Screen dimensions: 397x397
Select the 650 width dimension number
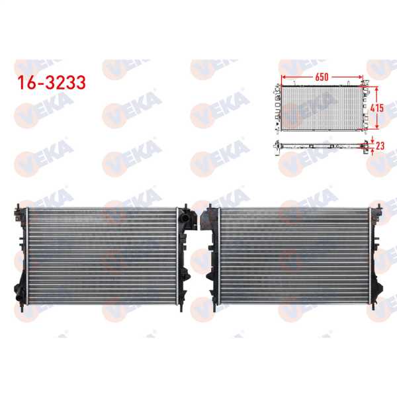pyautogui.click(x=322, y=77)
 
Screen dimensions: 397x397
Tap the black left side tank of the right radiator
pyautogui.click(x=213, y=259)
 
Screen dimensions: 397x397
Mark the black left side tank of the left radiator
pyautogui.click(x=19, y=259)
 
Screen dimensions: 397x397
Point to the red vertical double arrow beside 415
pyautogui.click(x=377, y=107)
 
